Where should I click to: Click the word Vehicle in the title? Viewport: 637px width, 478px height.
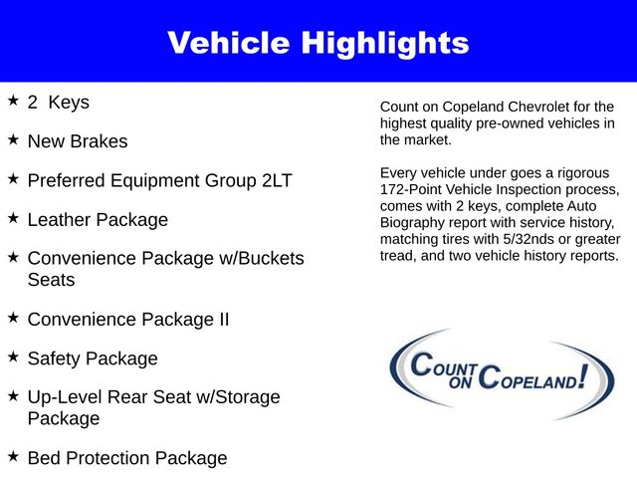click(x=227, y=43)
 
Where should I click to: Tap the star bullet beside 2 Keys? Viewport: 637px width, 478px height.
click(x=13, y=101)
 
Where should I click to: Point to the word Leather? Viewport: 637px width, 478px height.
click(x=60, y=219)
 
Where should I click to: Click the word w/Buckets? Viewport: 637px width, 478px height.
click(x=259, y=259)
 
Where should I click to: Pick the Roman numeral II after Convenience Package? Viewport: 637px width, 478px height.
click(x=220, y=320)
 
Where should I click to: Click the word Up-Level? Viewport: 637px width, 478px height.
click(x=69, y=397)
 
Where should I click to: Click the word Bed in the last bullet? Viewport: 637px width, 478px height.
click(x=45, y=458)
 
